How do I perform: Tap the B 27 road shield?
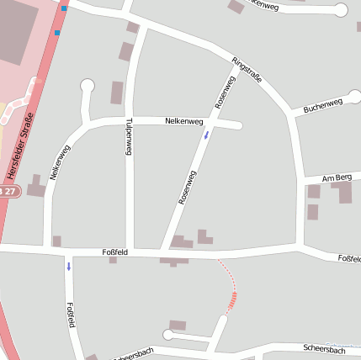(8, 192)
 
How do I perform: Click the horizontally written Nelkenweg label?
(184, 122)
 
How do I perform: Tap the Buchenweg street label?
(323, 106)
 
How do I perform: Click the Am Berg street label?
(337, 177)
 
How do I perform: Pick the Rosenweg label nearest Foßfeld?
(188, 188)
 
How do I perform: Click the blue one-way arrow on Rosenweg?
(206, 134)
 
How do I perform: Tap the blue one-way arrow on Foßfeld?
(69, 266)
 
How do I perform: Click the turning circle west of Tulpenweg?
(88, 85)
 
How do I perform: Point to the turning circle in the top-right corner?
(341, 11)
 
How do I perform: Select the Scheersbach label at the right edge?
(324, 348)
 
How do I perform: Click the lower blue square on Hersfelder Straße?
(58, 33)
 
